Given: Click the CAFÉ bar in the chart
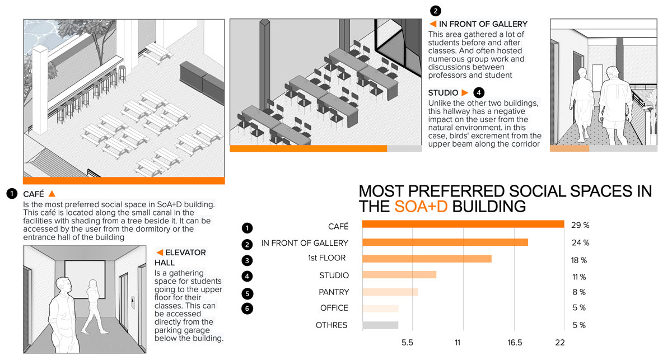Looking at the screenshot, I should (x=463, y=224).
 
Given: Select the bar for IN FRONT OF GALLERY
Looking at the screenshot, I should (x=445, y=242).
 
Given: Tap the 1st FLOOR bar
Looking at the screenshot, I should (x=427, y=259).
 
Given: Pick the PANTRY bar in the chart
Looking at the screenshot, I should (x=390, y=292).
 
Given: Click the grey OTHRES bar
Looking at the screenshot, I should (x=380, y=325).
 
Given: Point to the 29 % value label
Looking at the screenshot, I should (x=579, y=225).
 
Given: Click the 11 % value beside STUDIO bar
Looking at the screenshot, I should (x=579, y=277).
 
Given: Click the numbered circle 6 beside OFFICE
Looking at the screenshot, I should (x=247, y=308).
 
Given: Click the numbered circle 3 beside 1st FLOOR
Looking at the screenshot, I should (x=247, y=260).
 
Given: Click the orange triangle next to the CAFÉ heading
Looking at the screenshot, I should (x=52, y=194).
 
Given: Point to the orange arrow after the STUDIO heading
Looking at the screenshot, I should (x=464, y=92).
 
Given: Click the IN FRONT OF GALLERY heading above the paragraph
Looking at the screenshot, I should (x=483, y=24).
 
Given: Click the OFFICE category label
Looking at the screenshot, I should (x=334, y=308).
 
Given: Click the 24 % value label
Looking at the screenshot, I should (x=579, y=242).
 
